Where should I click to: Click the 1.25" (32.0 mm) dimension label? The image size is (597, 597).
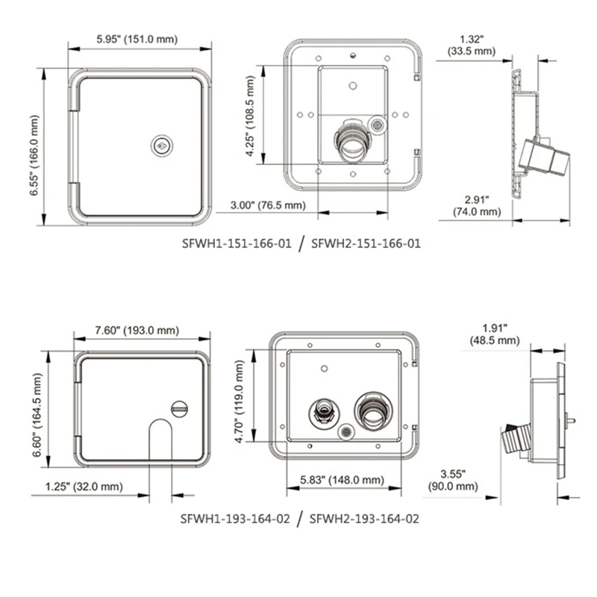pyautogui.click(x=78, y=487)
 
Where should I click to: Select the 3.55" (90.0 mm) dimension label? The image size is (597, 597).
pyautogui.click(x=452, y=480)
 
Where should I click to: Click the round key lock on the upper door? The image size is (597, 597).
pyautogui.click(x=160, y=146)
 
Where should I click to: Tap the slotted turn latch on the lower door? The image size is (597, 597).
pyautogui.click(x=179, y=408)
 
